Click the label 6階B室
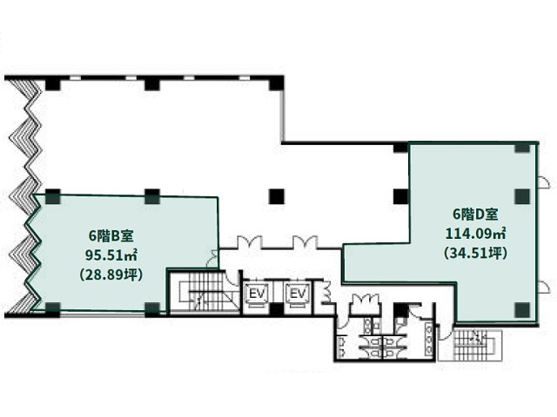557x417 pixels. (111, 235)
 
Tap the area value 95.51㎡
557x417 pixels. (111, 255)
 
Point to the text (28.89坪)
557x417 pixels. (111, 275)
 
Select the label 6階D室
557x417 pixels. (475, 215)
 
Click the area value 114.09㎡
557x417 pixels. (476, 234)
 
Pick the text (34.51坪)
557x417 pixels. (476, 253)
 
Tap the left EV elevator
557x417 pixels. (257, 294)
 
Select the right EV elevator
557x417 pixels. (298, 294)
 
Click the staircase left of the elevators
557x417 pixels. (204, 292)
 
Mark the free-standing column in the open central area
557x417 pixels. (277, 196)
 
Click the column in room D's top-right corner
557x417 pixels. (522, 147)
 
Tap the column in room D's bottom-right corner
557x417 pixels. (522, 310)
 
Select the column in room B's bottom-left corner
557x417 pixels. (52, 308)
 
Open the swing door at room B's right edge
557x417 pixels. (212, 259)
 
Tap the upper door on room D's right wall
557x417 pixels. (542, 182)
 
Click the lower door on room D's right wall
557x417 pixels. (542, 286)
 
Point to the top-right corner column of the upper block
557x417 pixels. (276, 83)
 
